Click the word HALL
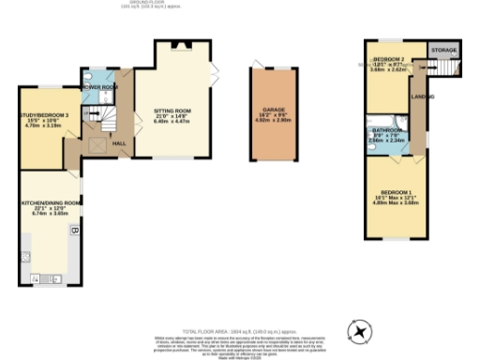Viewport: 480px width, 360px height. click(x=119, y=143)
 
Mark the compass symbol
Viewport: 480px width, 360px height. click(x=359, y=330)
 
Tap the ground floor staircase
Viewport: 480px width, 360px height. click(x=97, y=120)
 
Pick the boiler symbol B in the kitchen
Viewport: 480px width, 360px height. click(x=74, y=230)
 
